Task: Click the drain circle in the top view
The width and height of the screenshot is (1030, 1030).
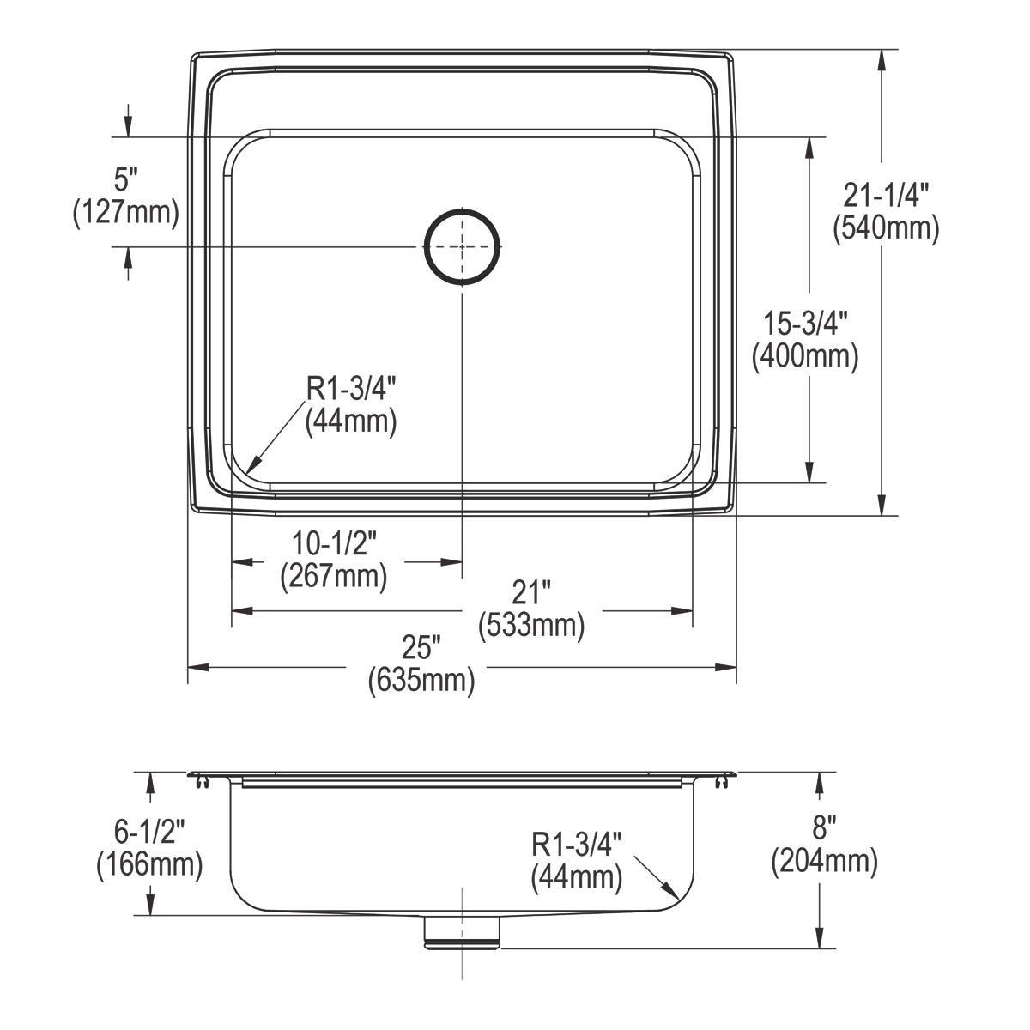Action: (462, 245)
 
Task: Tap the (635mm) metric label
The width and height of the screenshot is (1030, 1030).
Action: (421, 681)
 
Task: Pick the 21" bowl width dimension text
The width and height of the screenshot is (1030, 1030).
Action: (531, 592)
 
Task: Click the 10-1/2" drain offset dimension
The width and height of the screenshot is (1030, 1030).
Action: (334, 543)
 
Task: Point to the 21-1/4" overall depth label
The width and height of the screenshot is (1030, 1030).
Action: (886, 197)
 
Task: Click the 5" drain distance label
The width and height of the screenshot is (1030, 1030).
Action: (126, 179)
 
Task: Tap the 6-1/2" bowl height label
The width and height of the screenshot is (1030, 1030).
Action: (149, 830)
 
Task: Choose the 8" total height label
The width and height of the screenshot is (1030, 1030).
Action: (824, 828)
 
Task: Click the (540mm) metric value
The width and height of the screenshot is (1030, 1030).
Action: (886, 228)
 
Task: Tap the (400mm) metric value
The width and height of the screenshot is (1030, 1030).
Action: (805, 355)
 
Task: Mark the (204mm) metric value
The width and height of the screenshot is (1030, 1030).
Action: (824, 861)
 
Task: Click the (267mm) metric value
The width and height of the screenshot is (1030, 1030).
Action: (334, 576)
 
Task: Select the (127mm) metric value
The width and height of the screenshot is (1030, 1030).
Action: (126, 212)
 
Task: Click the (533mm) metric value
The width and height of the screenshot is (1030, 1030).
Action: (531, 625)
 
